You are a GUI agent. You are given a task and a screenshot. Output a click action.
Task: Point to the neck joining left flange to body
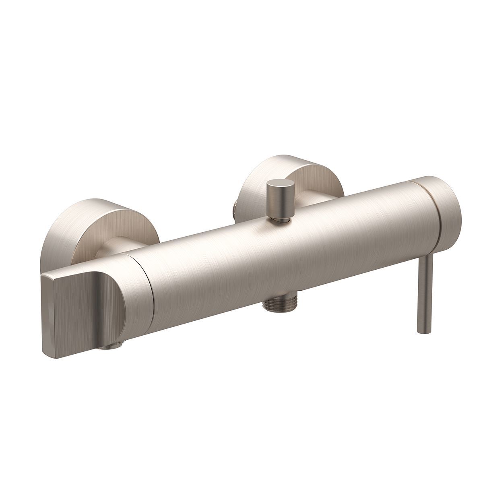click(113, 250)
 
